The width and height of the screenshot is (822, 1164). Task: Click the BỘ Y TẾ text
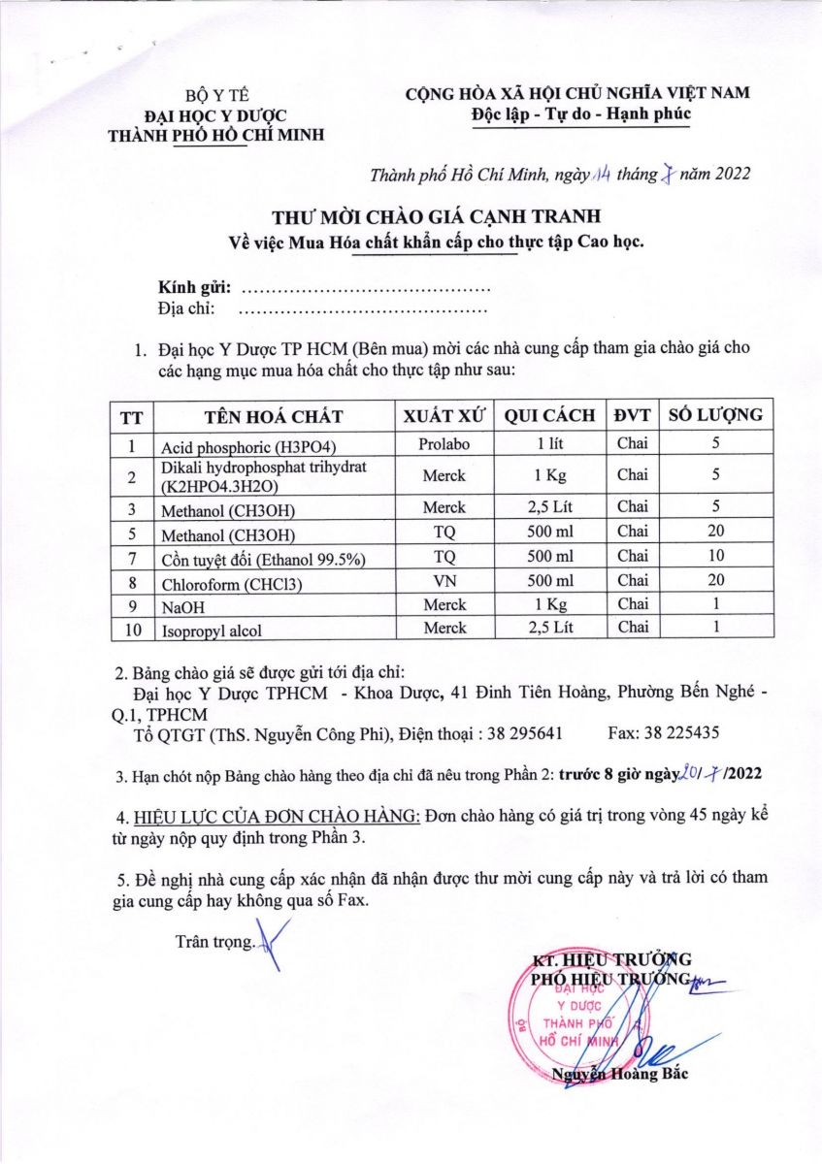(217, 96)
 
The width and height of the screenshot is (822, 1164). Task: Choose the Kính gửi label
(194, 288)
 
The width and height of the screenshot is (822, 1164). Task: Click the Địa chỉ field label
(185, 309)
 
